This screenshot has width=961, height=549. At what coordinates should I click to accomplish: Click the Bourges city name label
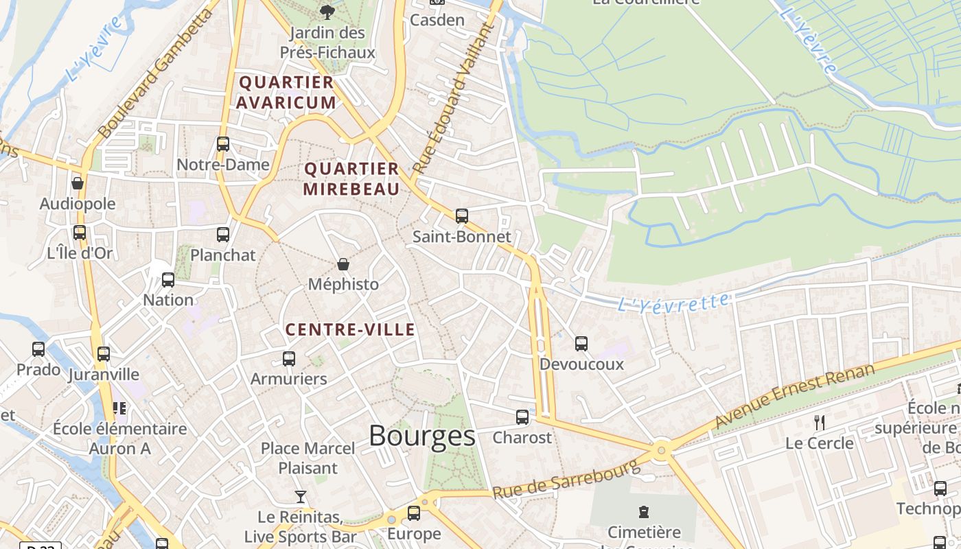coord(421,436)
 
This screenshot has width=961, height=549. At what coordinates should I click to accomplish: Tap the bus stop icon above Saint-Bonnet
coord(462,216)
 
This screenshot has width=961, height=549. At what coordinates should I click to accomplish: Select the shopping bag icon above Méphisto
coord(343,264)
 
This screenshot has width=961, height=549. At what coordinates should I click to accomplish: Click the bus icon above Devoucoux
coord(581,344)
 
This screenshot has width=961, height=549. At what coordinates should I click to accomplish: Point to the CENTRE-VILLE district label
coord(350,329)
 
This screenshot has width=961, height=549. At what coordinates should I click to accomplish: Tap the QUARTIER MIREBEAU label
coord(351,178)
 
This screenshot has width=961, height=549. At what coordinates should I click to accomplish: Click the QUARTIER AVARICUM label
coord(286,92)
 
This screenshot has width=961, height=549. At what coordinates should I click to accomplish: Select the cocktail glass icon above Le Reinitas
coord(300,496)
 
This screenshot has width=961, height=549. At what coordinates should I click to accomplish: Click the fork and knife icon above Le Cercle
coord(819,422)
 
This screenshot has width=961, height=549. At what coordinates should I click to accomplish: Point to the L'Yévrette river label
coord(673,302)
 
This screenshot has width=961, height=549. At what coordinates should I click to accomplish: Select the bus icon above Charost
coord(522,417)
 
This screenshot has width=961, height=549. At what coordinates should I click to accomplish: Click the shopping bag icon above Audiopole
coord(78,183)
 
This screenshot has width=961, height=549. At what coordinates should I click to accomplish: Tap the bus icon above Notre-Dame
coord(223,144)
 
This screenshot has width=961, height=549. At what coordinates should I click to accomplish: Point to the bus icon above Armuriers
coord(289,359)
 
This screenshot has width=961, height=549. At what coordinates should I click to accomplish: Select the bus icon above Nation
coord(168,280)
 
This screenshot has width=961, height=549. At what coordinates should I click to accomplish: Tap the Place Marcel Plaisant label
coord(308,458)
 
